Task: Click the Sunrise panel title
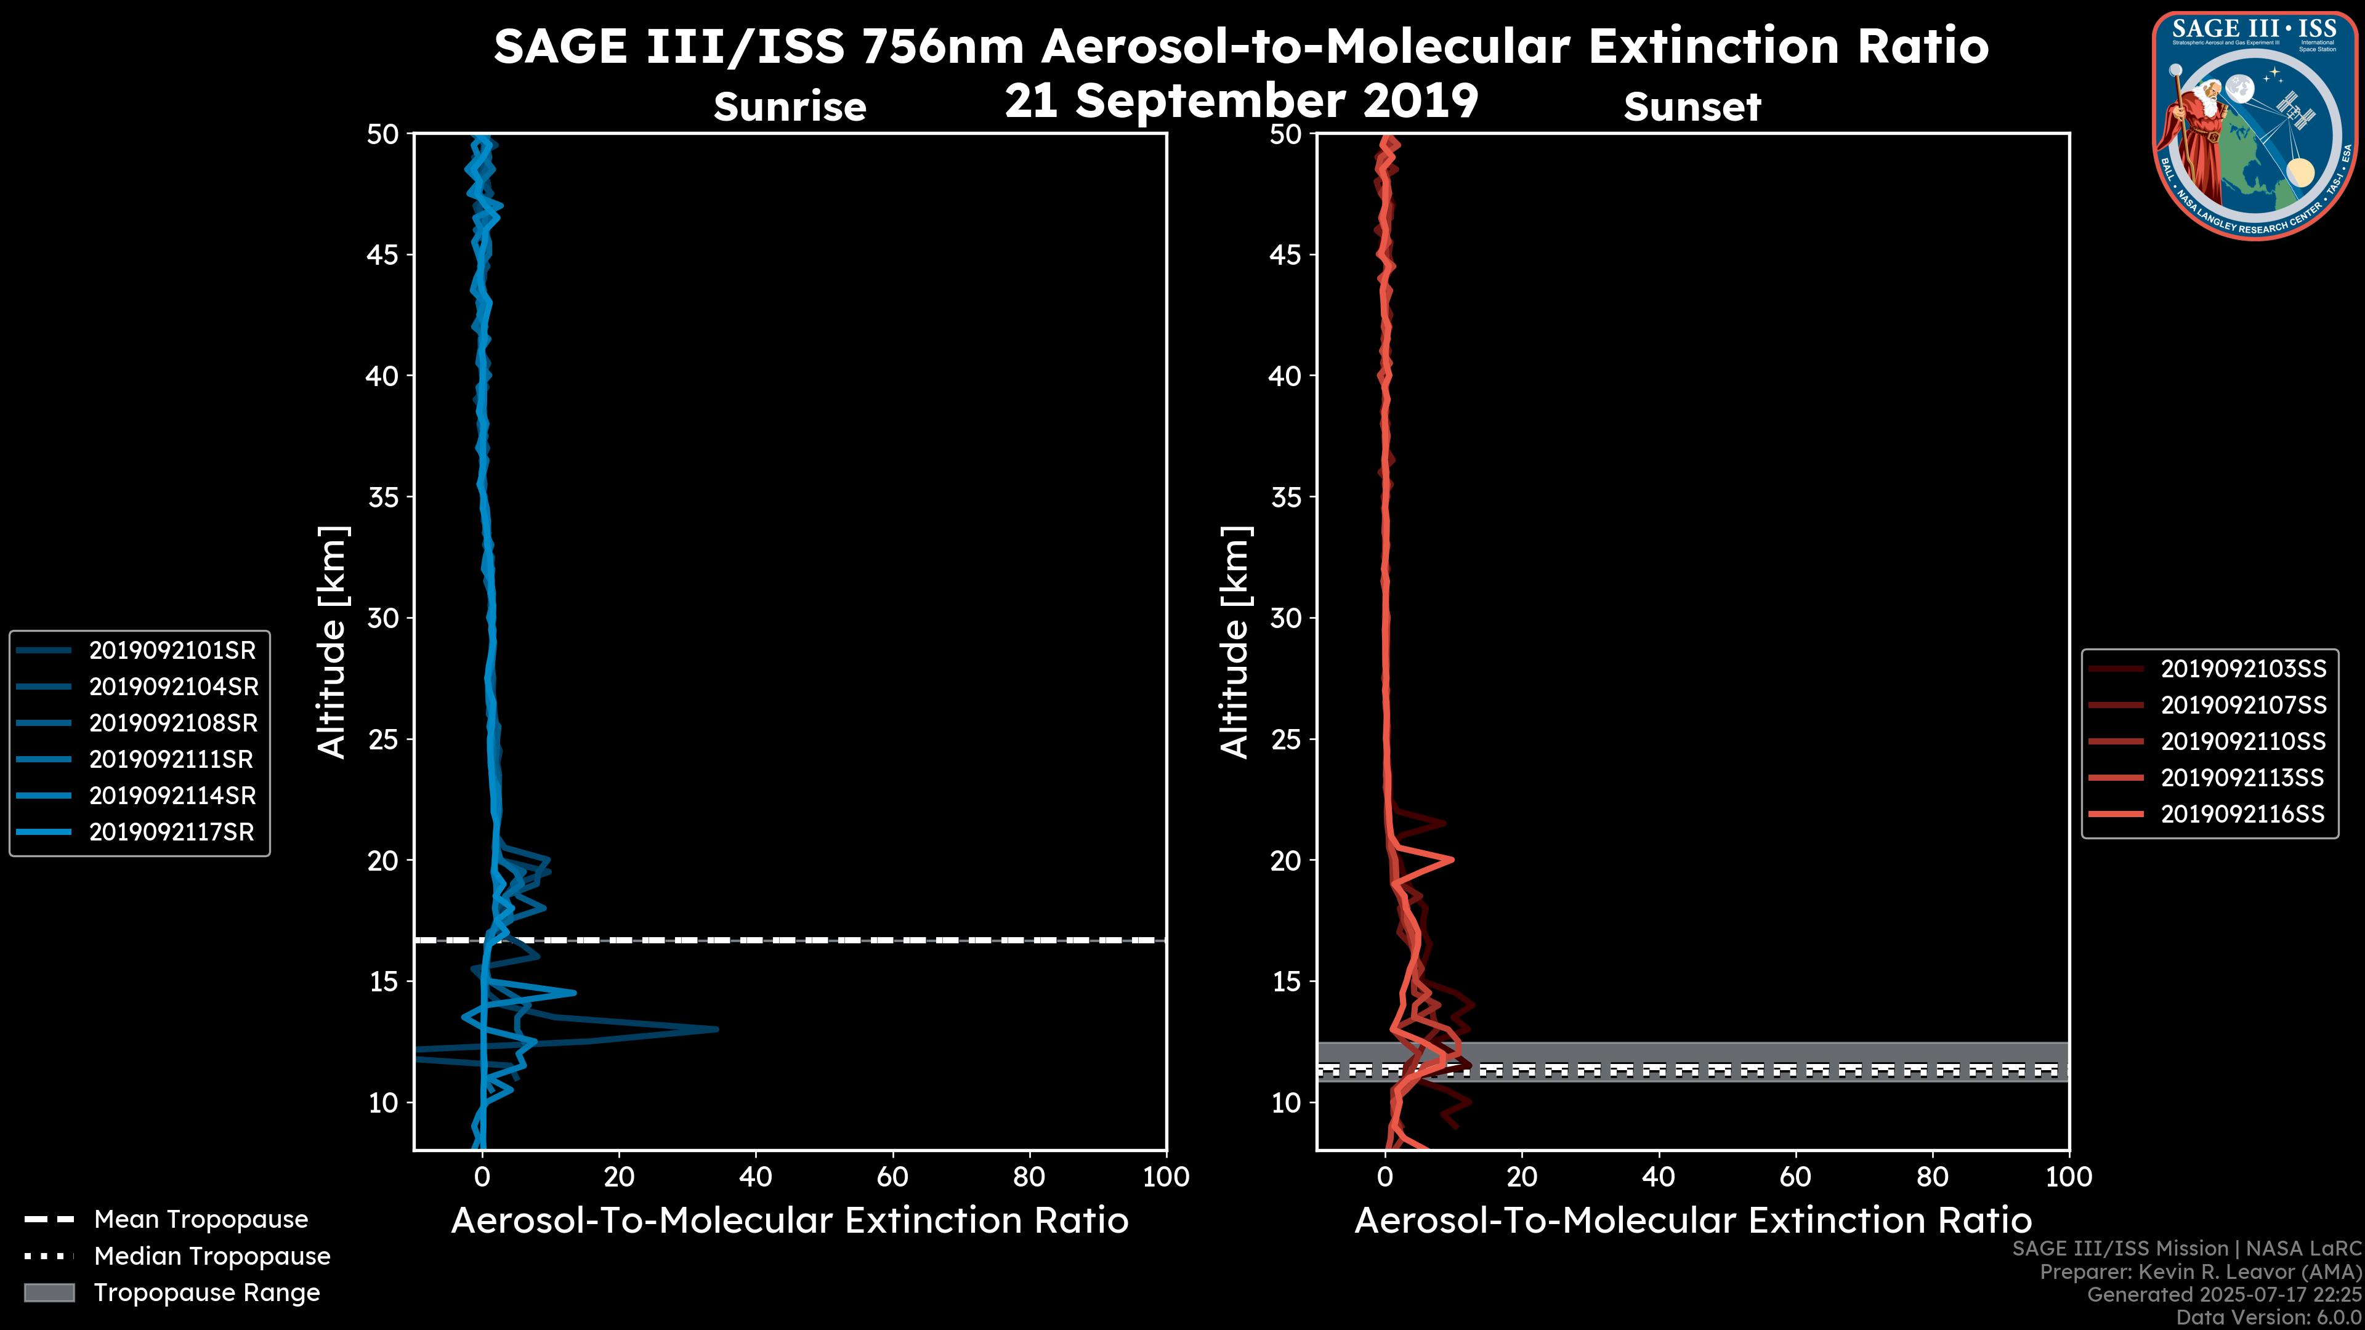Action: pyautogui.click(x=790, y=107)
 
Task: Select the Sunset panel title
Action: pyautogui.click(x=1692, y=107)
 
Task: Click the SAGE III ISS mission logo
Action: pyautogui.click(x=2252, y=125)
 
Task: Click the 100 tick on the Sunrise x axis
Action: pyautogui.click(x=1166, y=1177)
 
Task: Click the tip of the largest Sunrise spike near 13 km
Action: pyautogui.click(x=717, y=1029)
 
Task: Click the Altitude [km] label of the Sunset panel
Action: pyautogui.click(x=1235, y=642)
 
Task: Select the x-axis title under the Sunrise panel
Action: pyautogui.click(x=790, y=1221)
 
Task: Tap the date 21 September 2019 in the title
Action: pyautogui.click(x=1241, y=100)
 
